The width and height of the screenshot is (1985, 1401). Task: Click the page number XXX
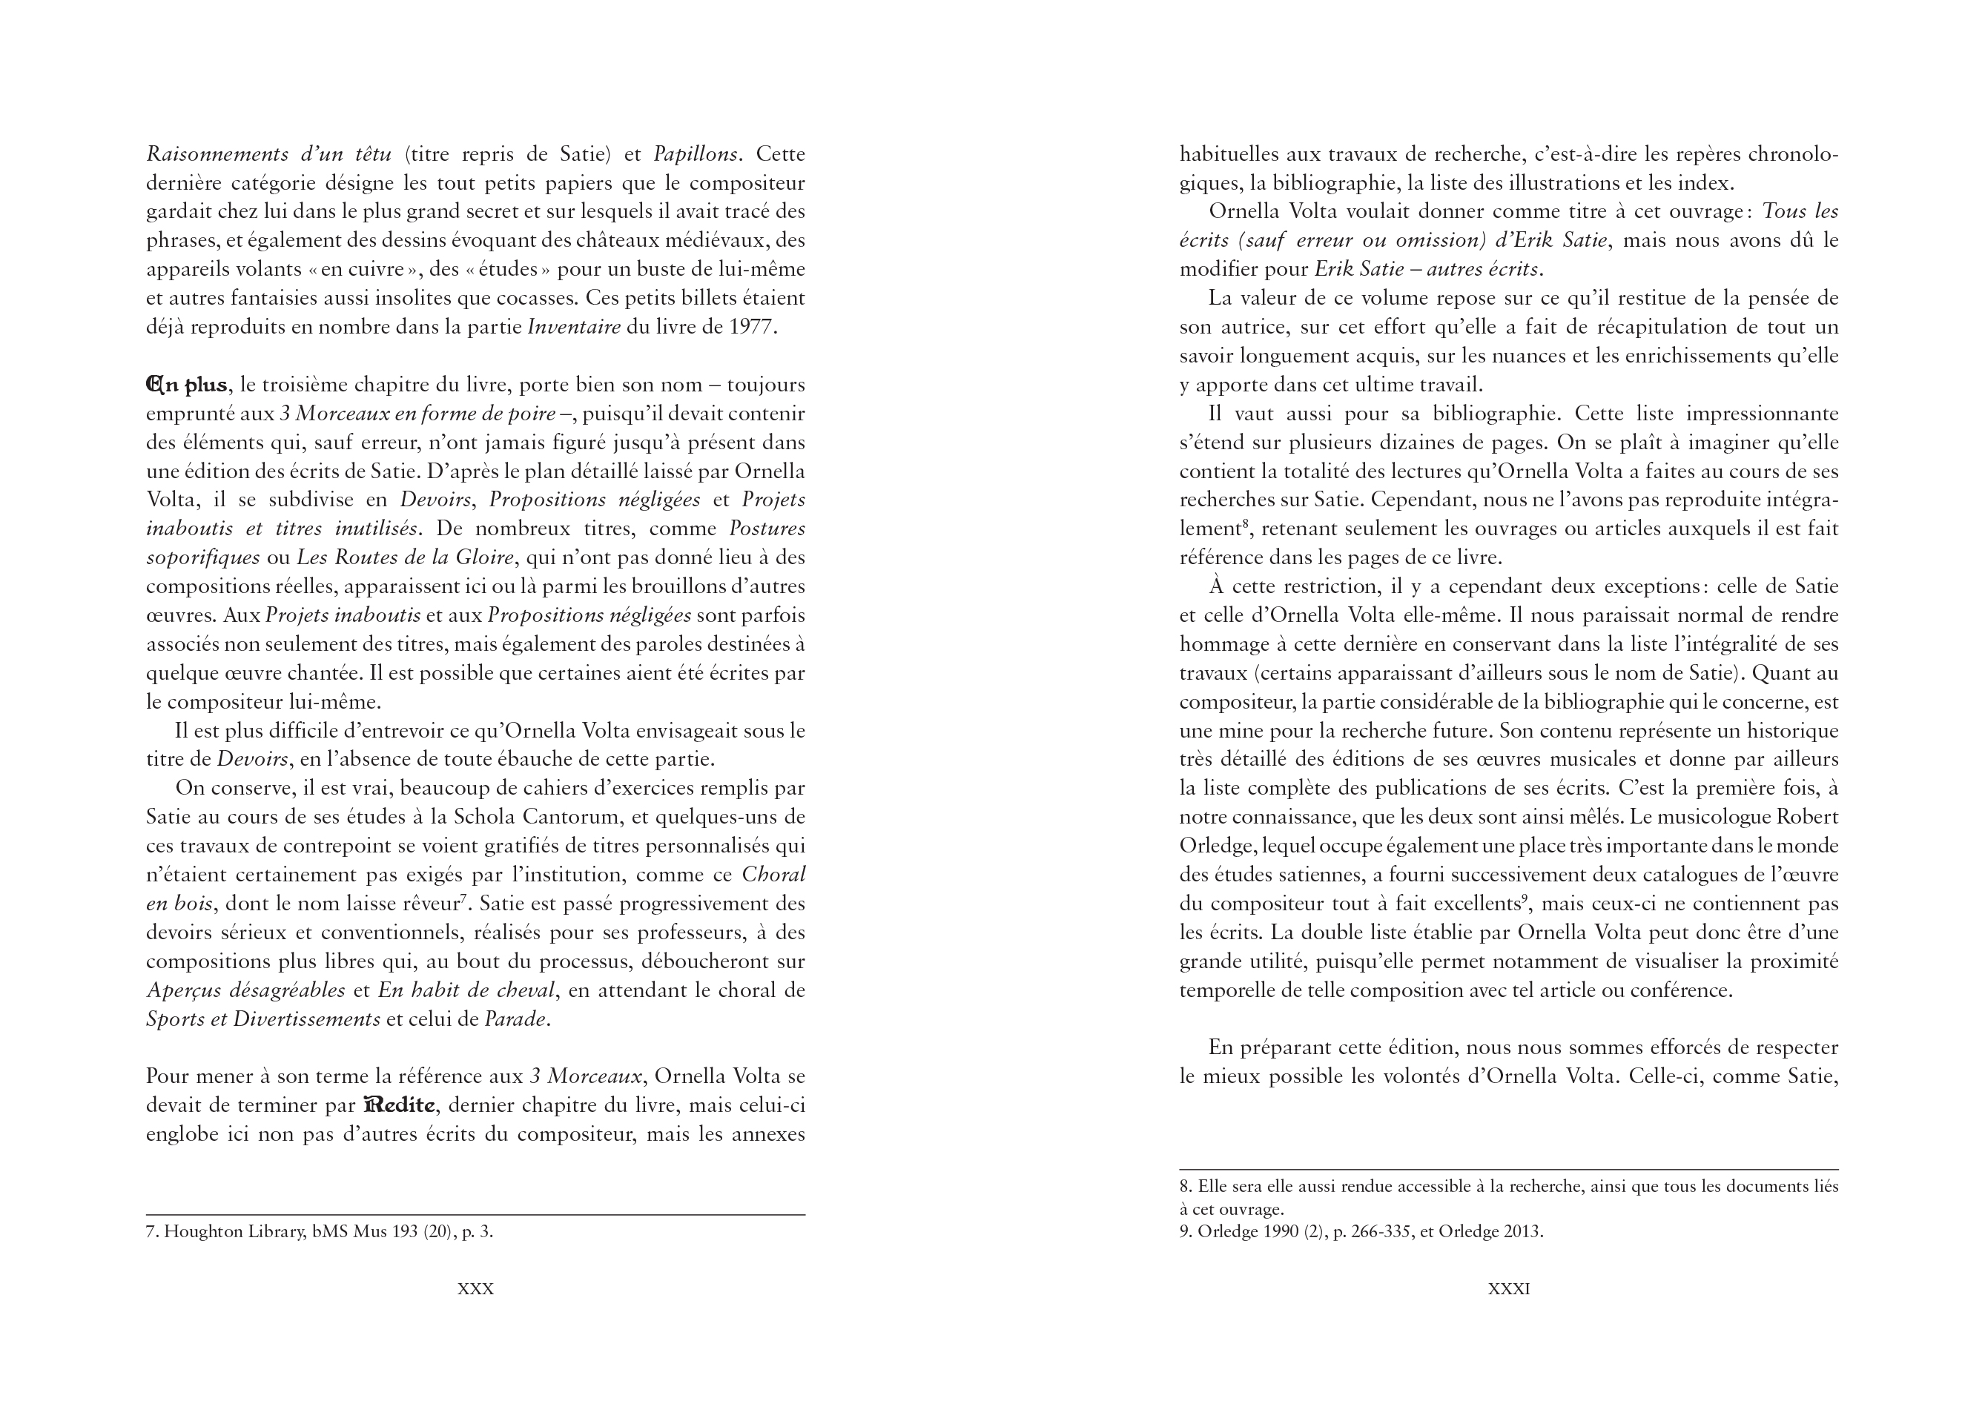[475, 1288]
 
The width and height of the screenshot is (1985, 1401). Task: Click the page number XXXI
[1509, 1288]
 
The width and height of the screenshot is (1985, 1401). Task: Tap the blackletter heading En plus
[187, 385]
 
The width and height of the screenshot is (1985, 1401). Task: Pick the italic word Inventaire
[574, 328]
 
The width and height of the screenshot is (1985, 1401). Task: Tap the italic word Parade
[516, 1019]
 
